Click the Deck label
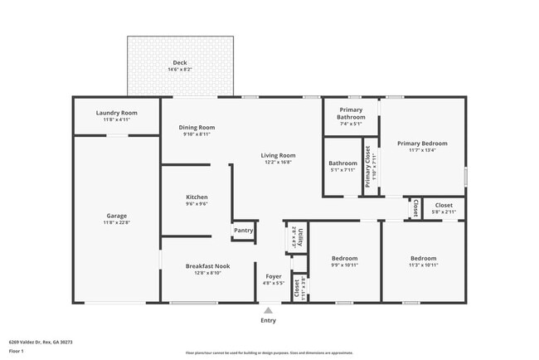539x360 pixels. click(180, 63)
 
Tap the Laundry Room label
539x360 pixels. click(116, 113)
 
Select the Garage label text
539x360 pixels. click(116, 216)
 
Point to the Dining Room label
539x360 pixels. click(197, 127)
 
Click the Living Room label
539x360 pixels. click(278, 155)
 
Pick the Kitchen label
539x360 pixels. click(197, 197)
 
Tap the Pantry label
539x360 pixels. click(243, 231)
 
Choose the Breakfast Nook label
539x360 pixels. click(207, 265)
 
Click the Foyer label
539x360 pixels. click(274, 276)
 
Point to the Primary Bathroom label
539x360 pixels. click(351, 114)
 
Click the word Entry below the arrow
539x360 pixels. click(268, 319)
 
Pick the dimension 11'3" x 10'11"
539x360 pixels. click(423, 265)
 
